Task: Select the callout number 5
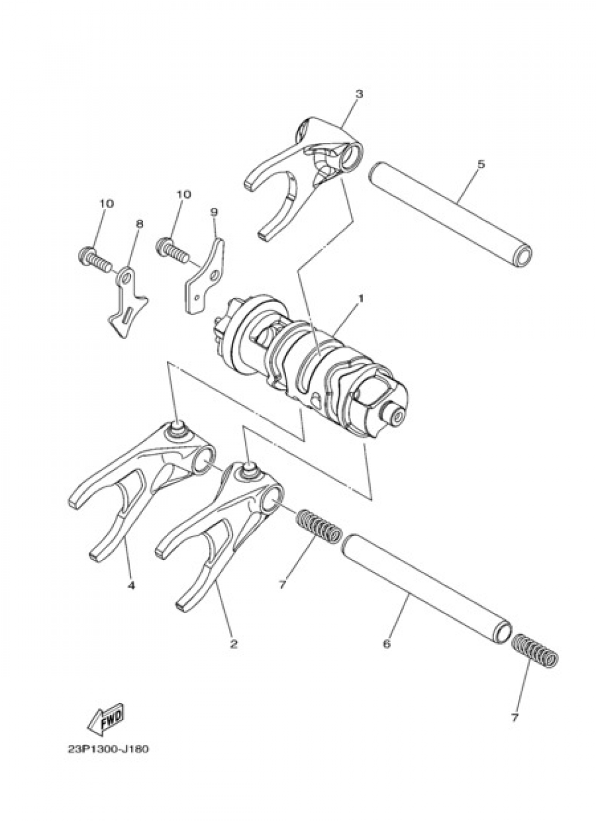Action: [x=481, y=164]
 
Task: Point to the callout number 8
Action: [x=139, y=224]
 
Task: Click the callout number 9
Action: [x=214, y=211]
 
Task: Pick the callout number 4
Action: [x=131, y=586]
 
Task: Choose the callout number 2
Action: [x=234, y=643]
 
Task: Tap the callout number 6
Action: [x=386, y=644]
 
